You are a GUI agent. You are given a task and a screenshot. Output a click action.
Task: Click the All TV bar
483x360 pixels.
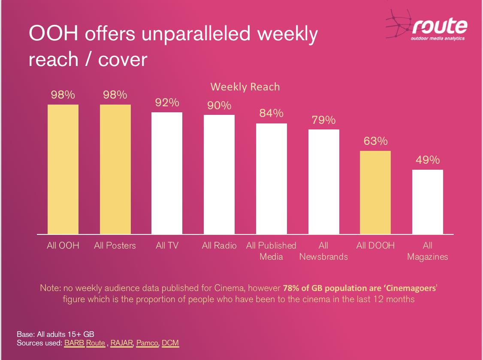point(167,173)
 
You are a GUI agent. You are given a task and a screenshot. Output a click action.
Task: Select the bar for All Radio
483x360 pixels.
point(219,174)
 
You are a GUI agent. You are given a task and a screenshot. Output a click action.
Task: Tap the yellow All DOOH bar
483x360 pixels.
point(375,192)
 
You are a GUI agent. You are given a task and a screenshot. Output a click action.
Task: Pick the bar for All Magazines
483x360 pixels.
point(428,202)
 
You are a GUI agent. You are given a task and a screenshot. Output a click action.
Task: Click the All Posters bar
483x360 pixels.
point(115,169)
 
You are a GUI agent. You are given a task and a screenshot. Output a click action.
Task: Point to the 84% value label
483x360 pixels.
point(272,113)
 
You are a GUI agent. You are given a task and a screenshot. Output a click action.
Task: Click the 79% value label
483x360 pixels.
point(324,120)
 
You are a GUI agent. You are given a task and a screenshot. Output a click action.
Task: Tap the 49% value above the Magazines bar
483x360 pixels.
point(428,160)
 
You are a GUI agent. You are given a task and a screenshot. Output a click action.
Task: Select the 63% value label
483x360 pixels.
point(375,141)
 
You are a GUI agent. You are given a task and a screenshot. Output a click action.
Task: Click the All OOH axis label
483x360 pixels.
point(63,246)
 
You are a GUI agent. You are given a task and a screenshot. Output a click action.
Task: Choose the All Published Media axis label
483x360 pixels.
point(271,251)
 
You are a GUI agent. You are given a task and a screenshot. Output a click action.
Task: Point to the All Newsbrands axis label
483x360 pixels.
point(323,251)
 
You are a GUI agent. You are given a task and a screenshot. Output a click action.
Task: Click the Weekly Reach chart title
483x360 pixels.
point(245,87)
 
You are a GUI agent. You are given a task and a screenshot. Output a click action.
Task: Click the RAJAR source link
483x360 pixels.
point(122,343)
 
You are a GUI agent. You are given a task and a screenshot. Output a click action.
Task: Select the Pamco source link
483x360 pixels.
point(148,343)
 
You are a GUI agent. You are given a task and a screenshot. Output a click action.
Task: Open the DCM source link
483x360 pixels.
point(170,343)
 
